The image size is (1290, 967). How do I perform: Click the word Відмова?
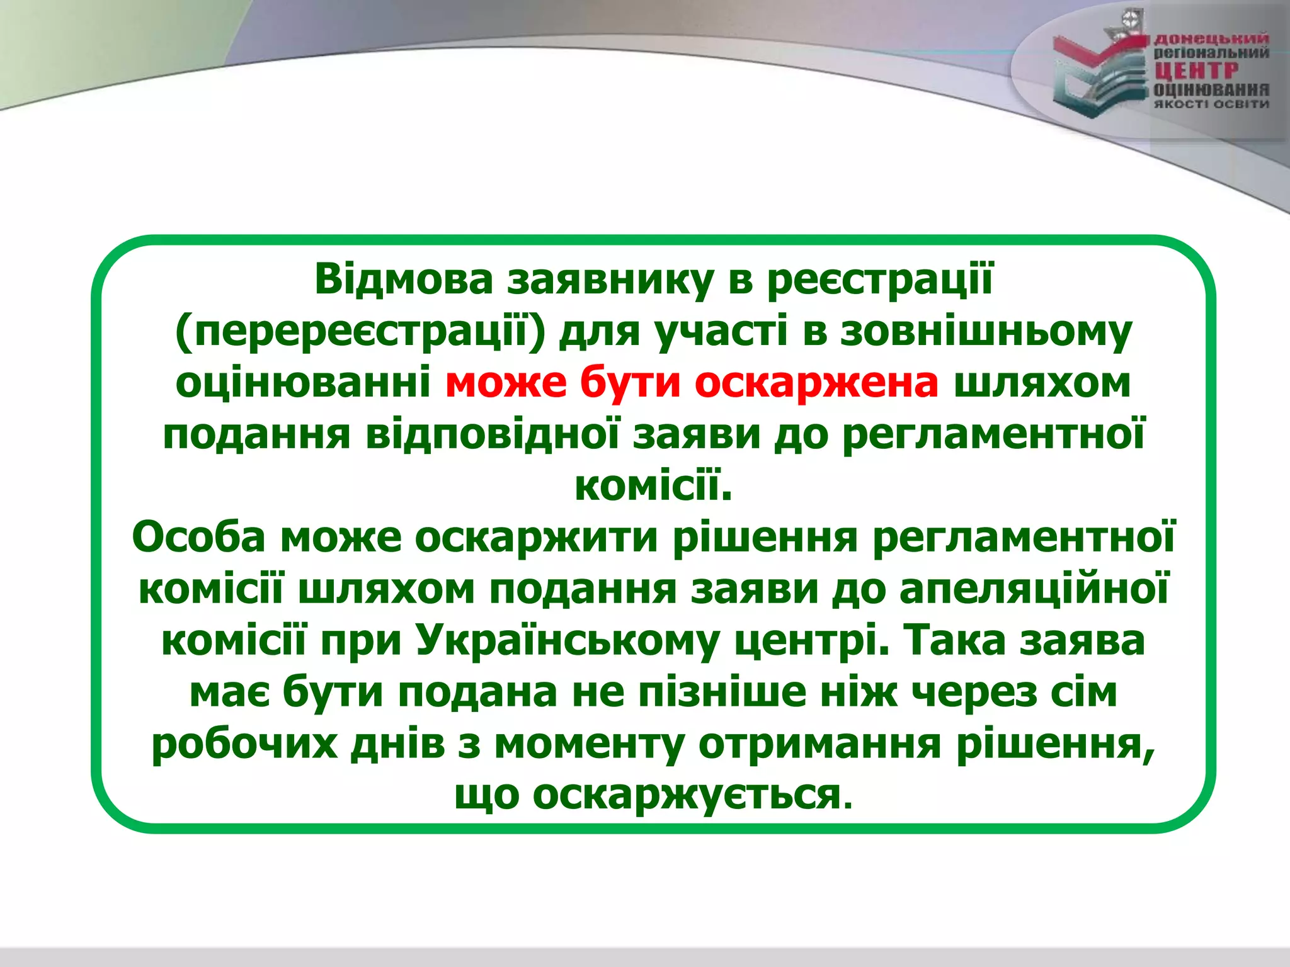tap(403, 280)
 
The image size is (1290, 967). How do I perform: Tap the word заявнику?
tap(610, 281)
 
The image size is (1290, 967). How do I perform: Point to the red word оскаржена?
tap(816, 383)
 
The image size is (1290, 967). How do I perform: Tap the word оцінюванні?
tap(302, 383)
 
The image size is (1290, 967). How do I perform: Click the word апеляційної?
tap(1034, 589)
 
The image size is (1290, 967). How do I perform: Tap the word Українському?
tap(567, 641)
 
